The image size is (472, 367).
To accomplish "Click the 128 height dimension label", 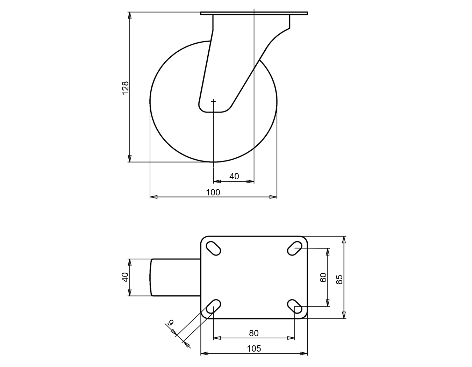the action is [x=126, y=88].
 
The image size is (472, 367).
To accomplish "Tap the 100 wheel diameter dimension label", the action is [x=213, y=192].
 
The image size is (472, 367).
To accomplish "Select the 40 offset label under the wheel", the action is [x=234, y=176].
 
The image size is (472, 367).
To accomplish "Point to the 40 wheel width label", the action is [x=126, y=277].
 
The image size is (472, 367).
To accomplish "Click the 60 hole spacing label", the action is [x=323, y=277].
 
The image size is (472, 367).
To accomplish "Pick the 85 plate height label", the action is [x=339, y=280].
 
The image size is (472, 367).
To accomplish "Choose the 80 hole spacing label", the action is [x=254, y=333].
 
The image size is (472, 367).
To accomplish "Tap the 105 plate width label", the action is [x=254, y=349].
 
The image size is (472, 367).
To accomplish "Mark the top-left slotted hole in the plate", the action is [x=213, y=249].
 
